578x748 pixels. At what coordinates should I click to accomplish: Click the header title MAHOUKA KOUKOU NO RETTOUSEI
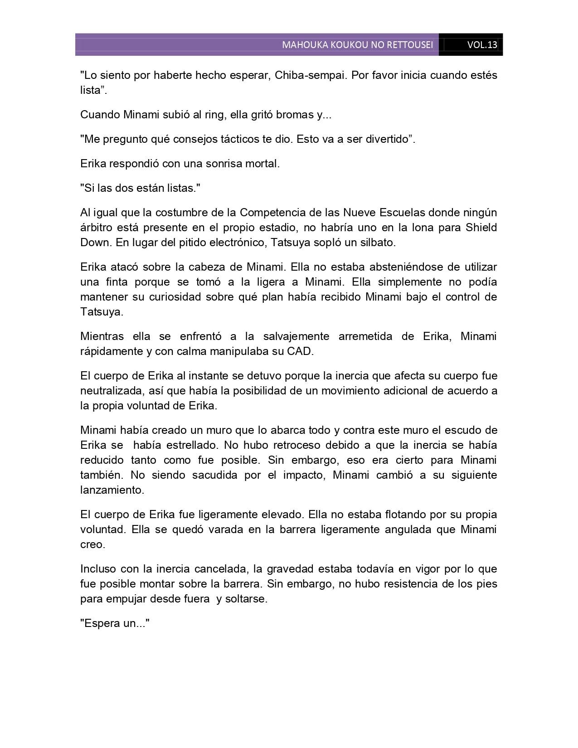point(357,45)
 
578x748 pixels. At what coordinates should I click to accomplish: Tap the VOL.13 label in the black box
point(482,45)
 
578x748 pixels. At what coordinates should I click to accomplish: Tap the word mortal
point(262,164)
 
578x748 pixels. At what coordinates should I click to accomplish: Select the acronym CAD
point(300,351)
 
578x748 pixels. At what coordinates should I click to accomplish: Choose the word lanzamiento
point(111,490)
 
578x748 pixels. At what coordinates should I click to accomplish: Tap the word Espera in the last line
point(100,623)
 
